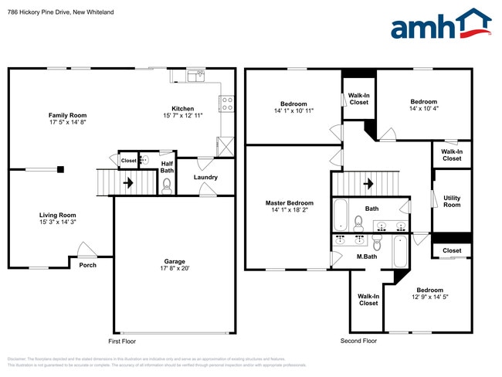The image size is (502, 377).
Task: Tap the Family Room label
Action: pyautogui.click(x=67, y=115)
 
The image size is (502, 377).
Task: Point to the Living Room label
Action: pyautogui.click(x=58, y=215)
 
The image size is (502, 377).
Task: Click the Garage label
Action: pyautogui.click(x=174, y=261)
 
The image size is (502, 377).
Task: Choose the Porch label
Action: pyautogui.click(x=87, y=264)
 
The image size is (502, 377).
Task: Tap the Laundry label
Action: pyautogui.click(x=205, y=177)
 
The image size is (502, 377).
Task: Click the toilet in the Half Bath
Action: pyautogui.click(x=167, y=185)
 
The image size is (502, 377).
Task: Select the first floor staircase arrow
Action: pyautogui.click(x=127, y=183)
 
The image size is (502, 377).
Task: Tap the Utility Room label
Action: pyautogui.click(x=452, y=201)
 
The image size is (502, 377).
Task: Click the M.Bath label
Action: pyautogui.click(x=365, y=256)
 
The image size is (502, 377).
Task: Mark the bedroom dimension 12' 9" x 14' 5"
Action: pyautogui.click(x=430, y=297)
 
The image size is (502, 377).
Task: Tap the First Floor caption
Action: pyautogui.click(x=124, y=341)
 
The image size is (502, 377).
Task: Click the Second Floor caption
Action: pyautogui.click(x=358, y=341)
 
